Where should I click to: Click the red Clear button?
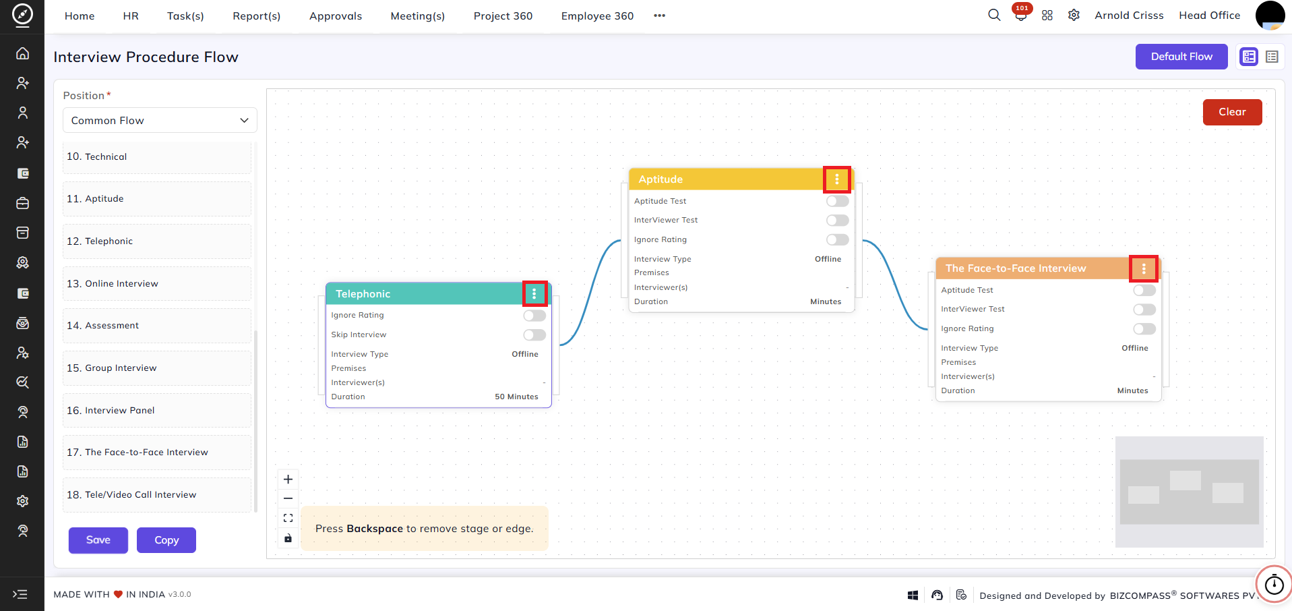pos(1232,112)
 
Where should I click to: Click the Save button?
pos(98,540)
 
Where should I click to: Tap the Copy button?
pos(166,540)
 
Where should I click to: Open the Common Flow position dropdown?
pos(160,121)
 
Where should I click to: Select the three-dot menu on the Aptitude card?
pos(837,179)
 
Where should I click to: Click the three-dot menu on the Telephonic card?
pos(534,294)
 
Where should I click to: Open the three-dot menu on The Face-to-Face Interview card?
pos(1144,268)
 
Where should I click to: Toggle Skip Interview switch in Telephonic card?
pos(534,335)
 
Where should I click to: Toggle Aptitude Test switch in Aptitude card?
pos(838,201)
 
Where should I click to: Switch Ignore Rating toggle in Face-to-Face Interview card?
pos(1144,329)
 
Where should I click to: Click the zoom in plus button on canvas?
pos(288,479)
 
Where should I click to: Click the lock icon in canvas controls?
pos(288,538)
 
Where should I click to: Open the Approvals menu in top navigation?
pos(336,16)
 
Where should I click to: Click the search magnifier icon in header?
pos(994,15)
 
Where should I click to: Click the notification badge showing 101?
pos(1022,9)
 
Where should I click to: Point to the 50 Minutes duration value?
pos(517,397)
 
